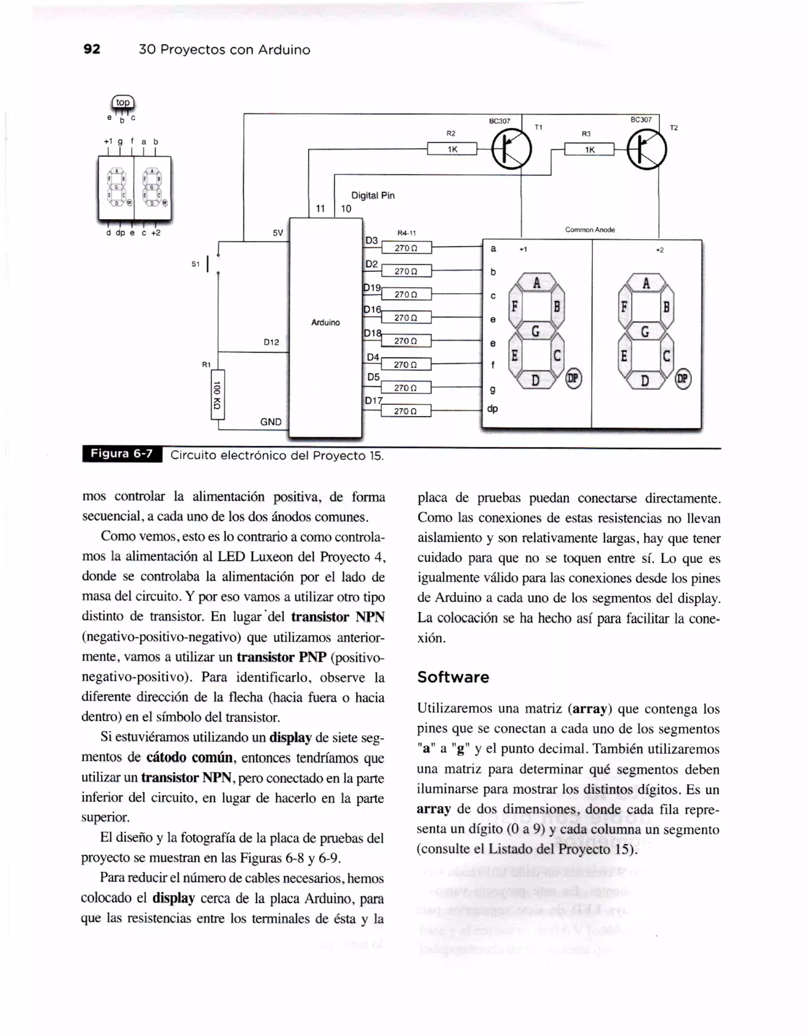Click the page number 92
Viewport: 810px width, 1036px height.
coord(92,49)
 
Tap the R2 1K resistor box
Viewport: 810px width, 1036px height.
coord(452,149)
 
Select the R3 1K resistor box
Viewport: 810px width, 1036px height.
coord(589,149)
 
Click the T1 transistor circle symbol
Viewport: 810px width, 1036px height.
coord(511,149)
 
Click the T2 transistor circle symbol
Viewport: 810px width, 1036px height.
coord(646,150)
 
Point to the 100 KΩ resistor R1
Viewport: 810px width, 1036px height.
coord(217,394)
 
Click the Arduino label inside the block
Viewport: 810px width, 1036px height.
coord(325,323)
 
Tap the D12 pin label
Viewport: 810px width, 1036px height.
coord(271,342)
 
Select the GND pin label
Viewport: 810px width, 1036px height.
coord(271,422)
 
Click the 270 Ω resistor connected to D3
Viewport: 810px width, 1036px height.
coord(406,247)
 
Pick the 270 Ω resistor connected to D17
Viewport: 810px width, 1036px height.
coord(406,411)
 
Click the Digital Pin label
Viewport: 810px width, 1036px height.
coord(373,195)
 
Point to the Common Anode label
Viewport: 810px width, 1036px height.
coord(589,230)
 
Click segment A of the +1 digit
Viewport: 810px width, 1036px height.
coord(536,283)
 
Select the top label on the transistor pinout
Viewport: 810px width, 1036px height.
coord(123,102)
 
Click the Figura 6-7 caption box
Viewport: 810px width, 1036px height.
coord(122,454)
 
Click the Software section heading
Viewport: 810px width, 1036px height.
coord(453,677)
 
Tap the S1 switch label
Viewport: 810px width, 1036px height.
coord(195,264)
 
